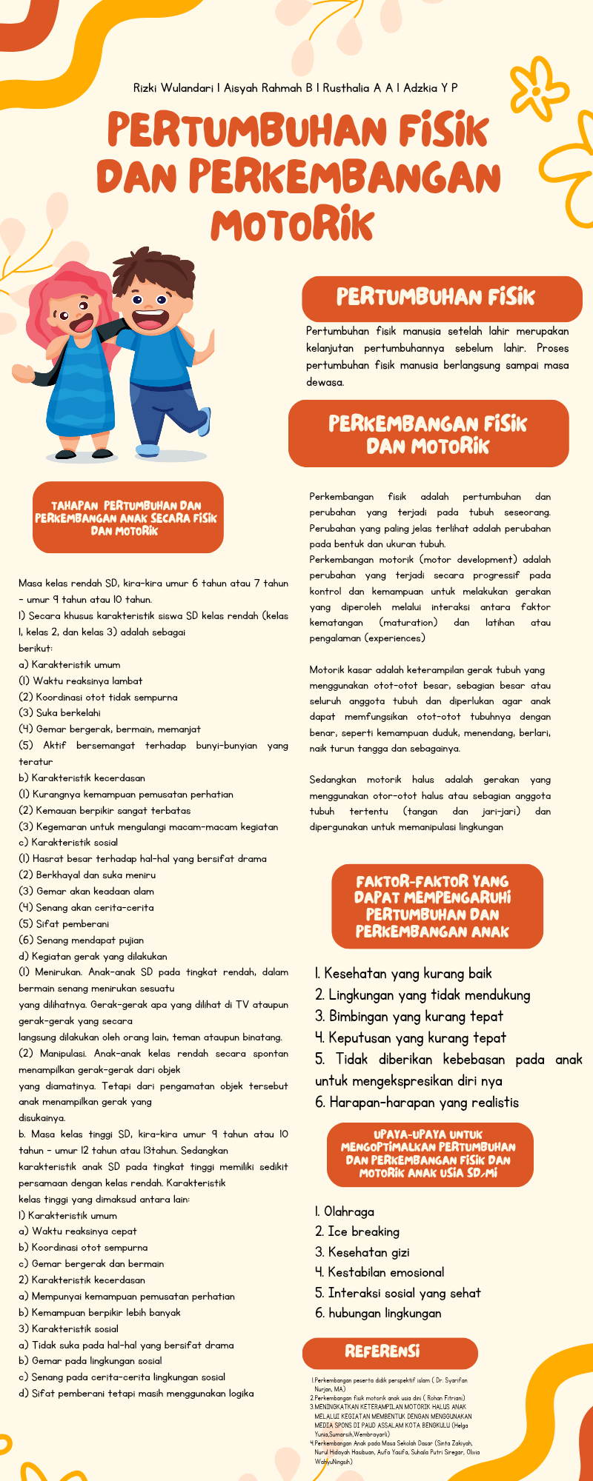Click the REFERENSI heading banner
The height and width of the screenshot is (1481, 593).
(x=382, y=1351)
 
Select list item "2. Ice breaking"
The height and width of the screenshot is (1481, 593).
(x=357, y=1231)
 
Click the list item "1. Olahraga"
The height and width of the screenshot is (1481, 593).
(x=345, y=1211)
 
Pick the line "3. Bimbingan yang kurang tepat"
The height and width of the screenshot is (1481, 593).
(x=409, y=1016)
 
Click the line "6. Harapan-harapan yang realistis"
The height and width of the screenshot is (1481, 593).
(x=417, y=1102)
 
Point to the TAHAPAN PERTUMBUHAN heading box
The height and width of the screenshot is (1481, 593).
(x=127, y=518)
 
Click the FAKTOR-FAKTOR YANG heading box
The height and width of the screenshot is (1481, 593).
(x=437, y=906)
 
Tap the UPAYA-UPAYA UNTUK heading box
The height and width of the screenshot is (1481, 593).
(x=429, y=1154)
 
